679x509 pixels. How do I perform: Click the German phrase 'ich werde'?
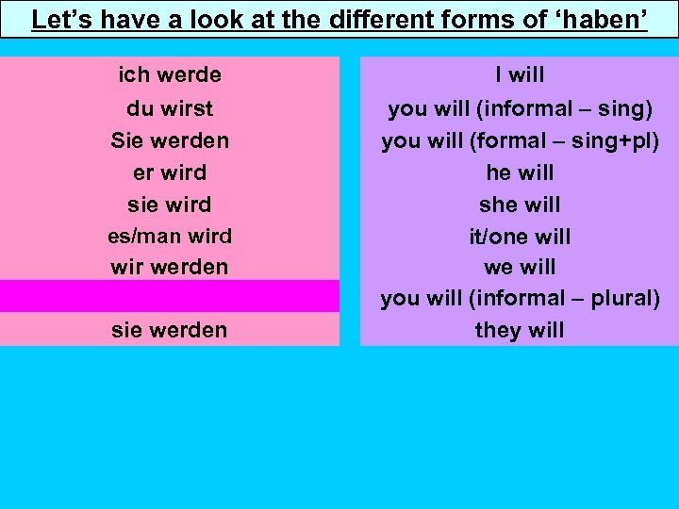[170, 74]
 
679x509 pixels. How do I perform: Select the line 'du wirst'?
[170, 108]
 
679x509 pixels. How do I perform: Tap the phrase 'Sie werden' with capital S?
[170, 140]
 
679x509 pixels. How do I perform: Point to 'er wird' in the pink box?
[170, 172]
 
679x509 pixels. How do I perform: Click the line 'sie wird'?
[170, 205]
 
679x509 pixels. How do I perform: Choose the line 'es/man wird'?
[170, 236]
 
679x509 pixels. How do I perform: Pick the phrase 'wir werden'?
[170, 267]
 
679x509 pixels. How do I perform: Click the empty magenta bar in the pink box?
[170, 296]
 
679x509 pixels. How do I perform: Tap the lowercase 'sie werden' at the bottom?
[170, 330]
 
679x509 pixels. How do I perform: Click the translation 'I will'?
[520, 74]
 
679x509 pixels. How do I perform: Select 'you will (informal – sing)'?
[520, 108]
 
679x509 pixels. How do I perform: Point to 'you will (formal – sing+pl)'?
[520, 140]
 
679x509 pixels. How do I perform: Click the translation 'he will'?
[520, 172]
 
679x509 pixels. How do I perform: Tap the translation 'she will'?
[520, 205]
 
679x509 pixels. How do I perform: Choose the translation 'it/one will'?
[520, 237]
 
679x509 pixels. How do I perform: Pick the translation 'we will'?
[520, 267]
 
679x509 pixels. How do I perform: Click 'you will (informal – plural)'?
[520, 299]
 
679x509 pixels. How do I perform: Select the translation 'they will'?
[520, 330]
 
